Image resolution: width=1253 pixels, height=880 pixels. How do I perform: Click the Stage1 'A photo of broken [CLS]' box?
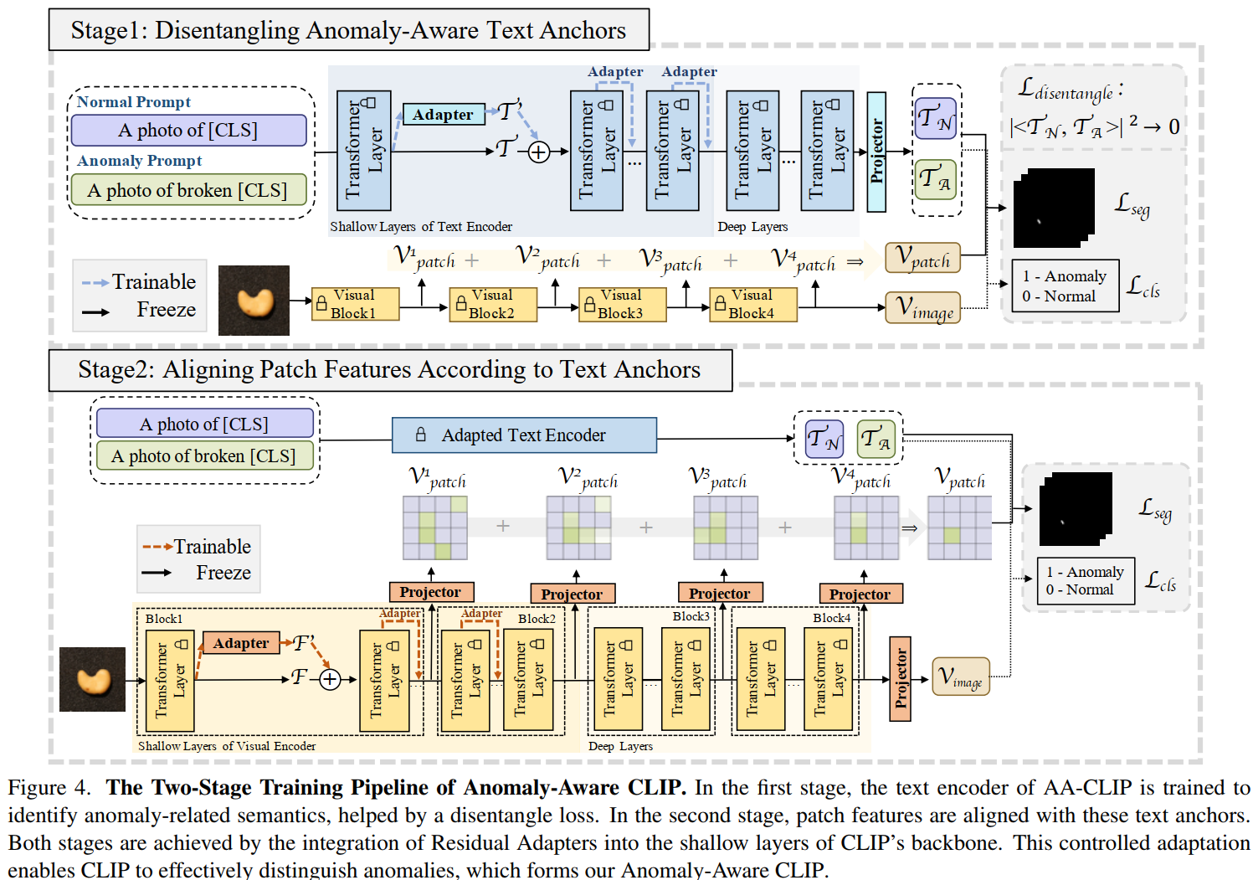coord(188,190)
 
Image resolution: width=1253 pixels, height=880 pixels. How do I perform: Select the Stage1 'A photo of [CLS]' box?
coord(188,130)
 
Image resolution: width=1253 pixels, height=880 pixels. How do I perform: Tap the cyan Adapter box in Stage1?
coord(443,115)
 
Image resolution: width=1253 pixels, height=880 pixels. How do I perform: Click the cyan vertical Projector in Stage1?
coord(876,152)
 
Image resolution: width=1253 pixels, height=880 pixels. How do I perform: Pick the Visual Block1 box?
coord(355,304)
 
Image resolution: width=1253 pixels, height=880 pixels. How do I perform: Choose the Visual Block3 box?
coord(622,304)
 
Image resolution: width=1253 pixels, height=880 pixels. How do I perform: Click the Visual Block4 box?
coord(752,304)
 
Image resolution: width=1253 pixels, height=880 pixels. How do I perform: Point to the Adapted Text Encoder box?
coord(524,435)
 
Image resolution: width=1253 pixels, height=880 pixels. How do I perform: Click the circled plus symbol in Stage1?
coord(539,152)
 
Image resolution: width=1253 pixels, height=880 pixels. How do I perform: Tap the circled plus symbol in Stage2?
coord(331,679)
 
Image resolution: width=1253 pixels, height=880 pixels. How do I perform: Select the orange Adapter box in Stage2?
coord(241,643)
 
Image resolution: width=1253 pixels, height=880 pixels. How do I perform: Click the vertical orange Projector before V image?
coord(900,678)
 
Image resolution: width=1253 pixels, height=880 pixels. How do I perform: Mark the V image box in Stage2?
coord(961,677)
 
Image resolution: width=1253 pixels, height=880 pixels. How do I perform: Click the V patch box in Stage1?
coord(922,258)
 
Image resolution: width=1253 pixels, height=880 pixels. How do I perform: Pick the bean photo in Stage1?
coord(254,301)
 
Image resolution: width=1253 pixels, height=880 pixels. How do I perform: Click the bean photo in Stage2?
coord(92,679)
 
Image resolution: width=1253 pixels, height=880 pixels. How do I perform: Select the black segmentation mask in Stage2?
coord(1075,509)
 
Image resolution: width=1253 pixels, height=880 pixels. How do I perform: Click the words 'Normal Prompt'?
coord(134,102)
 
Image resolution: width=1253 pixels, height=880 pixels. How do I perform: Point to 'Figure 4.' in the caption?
coord(49,788)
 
